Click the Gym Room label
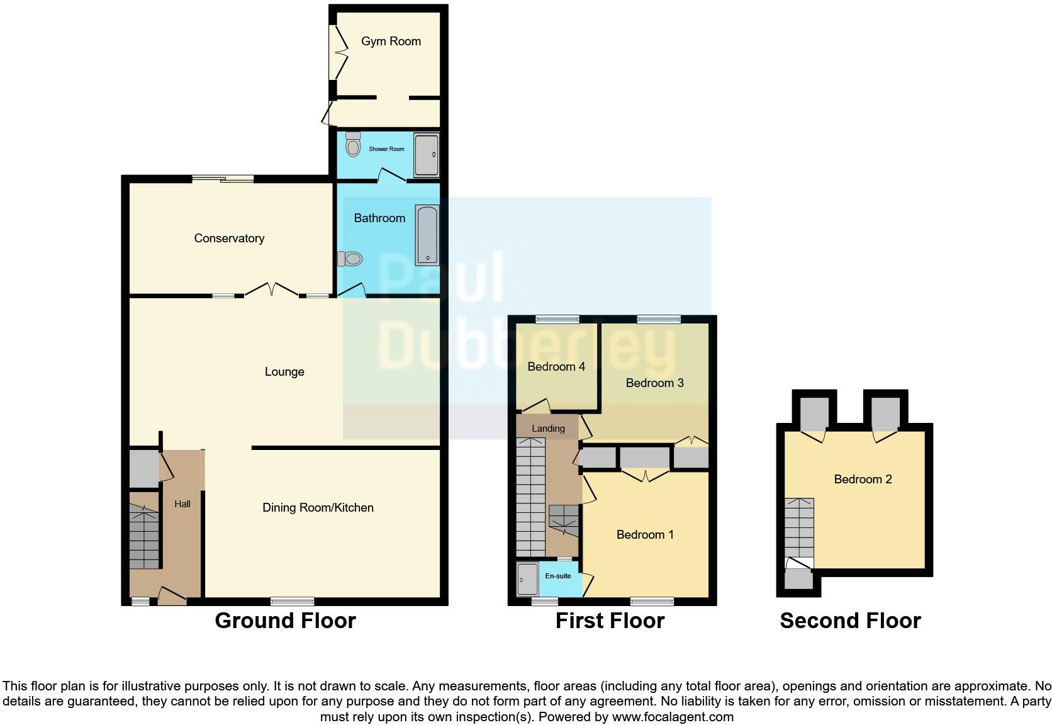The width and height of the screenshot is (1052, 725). coord(391,42)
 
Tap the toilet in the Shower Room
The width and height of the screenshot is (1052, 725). coord(353,146)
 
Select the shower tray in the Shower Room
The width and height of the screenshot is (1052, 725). coord(426,155)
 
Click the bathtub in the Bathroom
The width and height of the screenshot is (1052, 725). coord(427,235)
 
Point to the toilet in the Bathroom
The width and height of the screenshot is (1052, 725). coord(350,259)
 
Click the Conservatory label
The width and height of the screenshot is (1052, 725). coord(229,239)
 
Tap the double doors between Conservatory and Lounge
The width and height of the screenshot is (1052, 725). coord(271,290)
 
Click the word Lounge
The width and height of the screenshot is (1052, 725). coord(284,372)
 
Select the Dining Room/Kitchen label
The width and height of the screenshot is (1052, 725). coord(318,508)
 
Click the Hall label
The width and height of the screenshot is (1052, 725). coord(182,504)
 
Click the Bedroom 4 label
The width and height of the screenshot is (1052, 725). coord(556,367)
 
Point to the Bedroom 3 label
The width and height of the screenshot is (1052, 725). coord(654,383)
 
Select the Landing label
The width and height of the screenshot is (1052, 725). coord(548,429)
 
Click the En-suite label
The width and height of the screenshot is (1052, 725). coord(558,576)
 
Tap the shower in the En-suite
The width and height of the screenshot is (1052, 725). coord(527,580)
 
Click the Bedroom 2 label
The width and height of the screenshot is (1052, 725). coord(863,480)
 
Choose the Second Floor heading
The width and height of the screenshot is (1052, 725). coord(850,621)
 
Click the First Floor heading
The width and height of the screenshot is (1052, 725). coord(610,621)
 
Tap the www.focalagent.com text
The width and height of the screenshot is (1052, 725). coord(673,717)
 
